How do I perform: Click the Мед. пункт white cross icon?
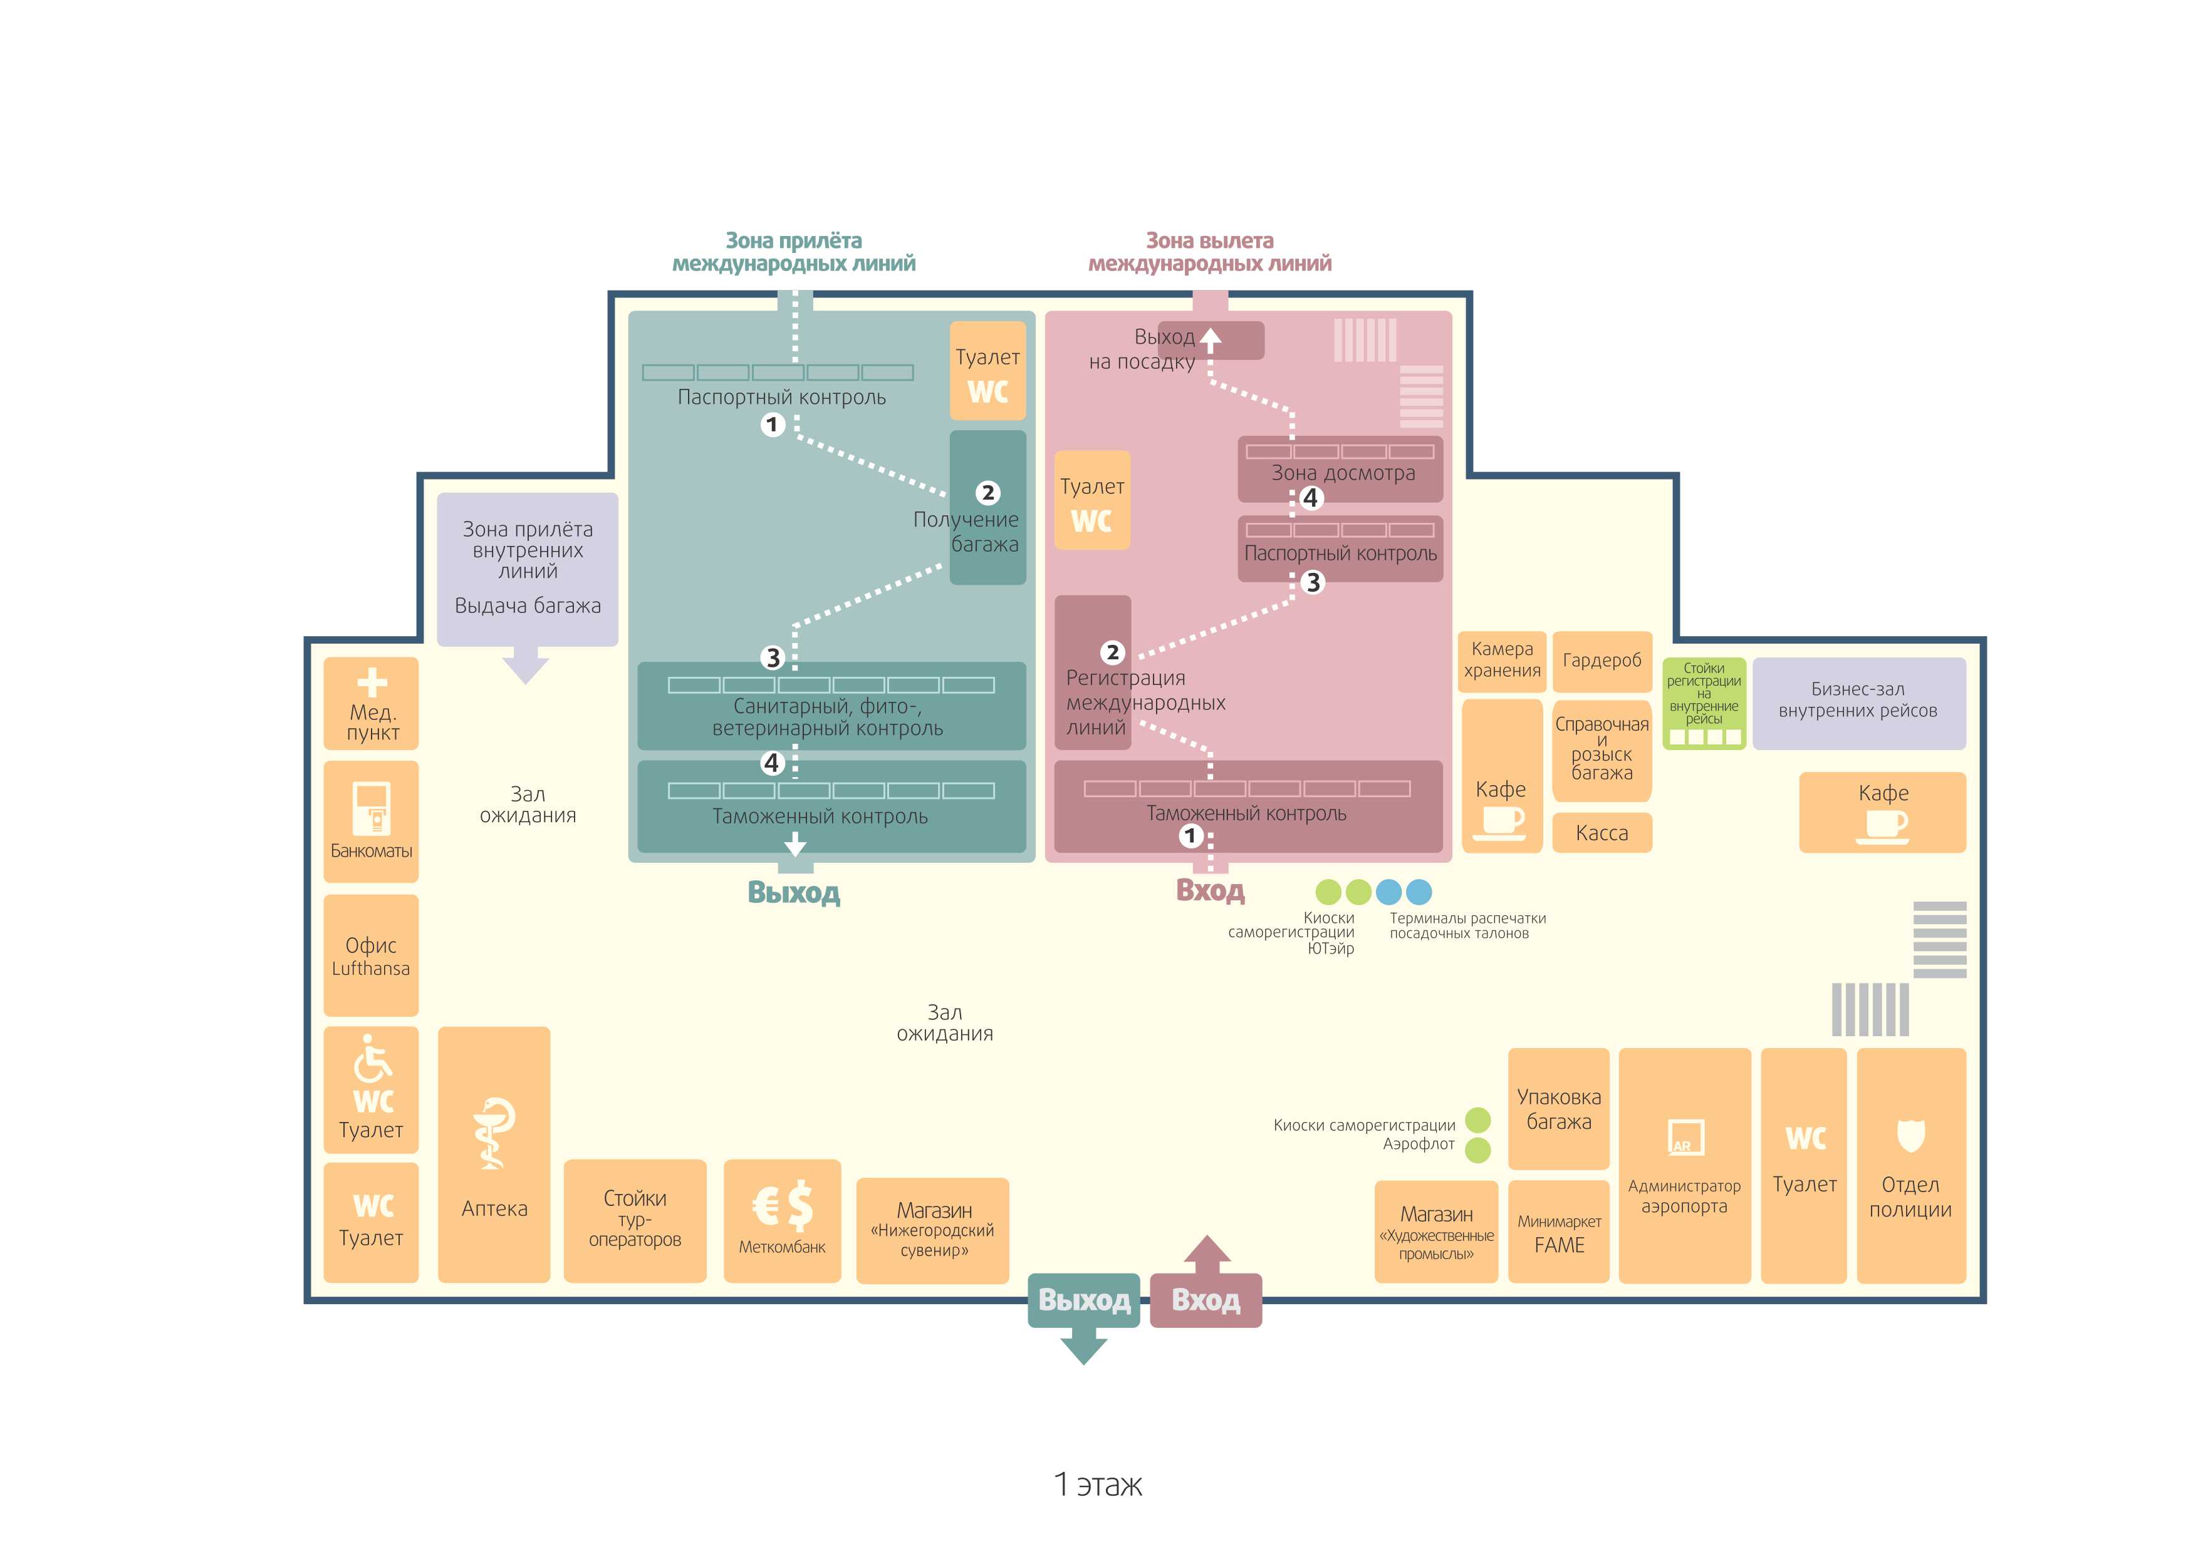click(372, 682)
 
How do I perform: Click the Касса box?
click(1602, 833)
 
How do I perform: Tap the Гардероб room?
click(1602, 661)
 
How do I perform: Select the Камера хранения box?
click(1501, 661)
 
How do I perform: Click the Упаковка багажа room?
click(1558, 1108)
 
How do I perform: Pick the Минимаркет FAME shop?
click(1558, 1232)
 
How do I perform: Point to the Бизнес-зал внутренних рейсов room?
click(1858, 703)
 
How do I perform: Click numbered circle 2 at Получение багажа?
click(988, 493)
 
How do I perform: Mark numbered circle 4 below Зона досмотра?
click(1311, 498)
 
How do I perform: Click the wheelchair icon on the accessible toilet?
click(372, 1057)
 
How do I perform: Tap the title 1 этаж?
click(1098, 1484)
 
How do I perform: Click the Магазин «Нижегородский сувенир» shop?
click(932, 1230)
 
